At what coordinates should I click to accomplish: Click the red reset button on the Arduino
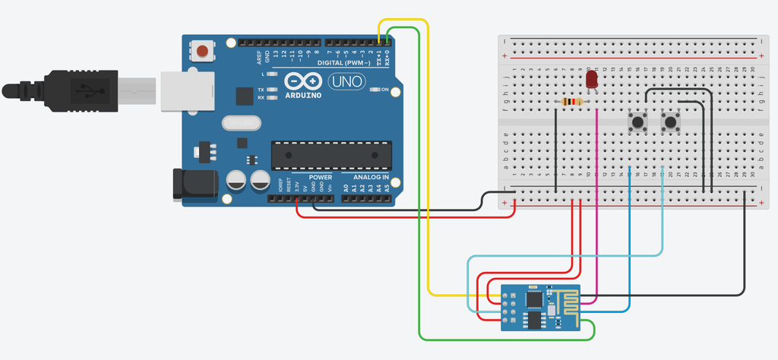click(x=203, y=51)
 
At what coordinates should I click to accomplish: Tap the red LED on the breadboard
click(x=593, y=79)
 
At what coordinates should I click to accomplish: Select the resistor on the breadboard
click(x=571, y=103)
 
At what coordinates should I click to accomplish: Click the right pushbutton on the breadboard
click(x=670, y=122)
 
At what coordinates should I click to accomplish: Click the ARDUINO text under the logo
click(x=303, y=96)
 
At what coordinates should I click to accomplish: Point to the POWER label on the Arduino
click(x=308, y=177)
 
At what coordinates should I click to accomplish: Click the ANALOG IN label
click(x=369, y=177)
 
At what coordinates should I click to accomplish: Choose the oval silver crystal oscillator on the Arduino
click(x=241, y=122)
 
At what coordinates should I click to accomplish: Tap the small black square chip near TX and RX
click(x=244, y=96)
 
